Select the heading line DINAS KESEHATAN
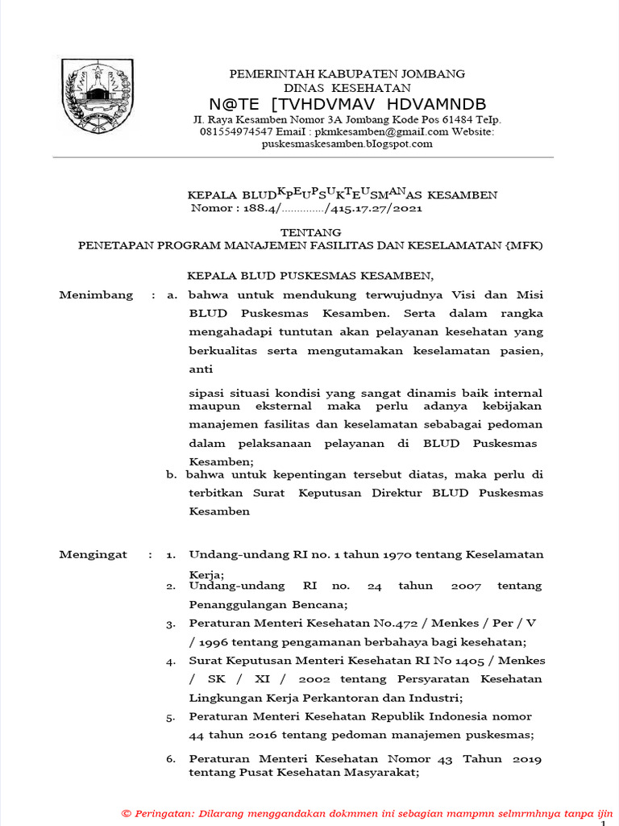click(x=347, y=88)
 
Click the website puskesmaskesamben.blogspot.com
click(x=347, y=144)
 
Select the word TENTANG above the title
click(x=309, y=232)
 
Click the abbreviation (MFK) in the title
click(x=524, y=244)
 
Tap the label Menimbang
click(x=96, y=295)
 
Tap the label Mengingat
click(x=94, y=555)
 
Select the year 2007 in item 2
click(x=466, y=586)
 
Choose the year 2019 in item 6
click(x=525, y=759)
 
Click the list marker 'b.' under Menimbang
click(x=172, y=475)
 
